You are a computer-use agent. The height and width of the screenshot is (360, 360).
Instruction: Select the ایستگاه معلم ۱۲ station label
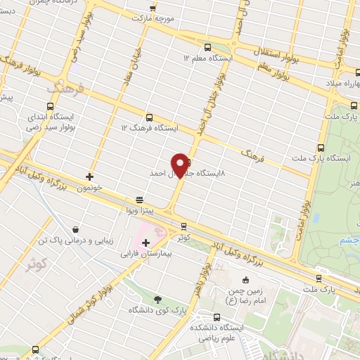coord(205,58)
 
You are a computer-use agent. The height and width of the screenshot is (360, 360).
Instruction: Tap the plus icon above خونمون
coord(89,176)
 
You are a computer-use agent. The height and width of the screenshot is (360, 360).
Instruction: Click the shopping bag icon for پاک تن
coord(76,229)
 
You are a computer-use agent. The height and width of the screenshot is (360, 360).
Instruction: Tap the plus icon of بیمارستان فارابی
coord(146,243)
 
